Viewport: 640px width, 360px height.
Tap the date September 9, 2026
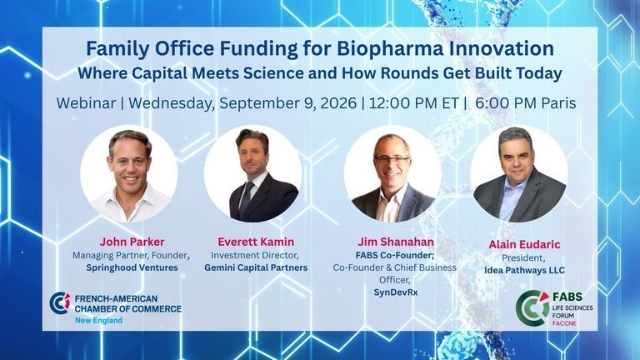287,103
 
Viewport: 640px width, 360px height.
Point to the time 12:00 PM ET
414,103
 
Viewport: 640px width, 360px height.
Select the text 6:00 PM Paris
526,103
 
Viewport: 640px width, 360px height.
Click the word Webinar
86,103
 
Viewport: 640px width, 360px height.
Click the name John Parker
132,242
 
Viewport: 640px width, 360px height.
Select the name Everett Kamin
256,242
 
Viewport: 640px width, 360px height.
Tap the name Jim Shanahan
396,242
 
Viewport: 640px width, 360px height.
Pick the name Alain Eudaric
524,244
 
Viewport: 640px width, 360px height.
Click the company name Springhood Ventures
132,267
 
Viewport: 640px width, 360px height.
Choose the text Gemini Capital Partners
256,267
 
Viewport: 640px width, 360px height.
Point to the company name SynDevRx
396,292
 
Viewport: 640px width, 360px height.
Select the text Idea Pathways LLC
524,270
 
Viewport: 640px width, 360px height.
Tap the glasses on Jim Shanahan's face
392,160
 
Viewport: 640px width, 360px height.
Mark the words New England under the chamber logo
98,320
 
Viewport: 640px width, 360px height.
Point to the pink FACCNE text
564,323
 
